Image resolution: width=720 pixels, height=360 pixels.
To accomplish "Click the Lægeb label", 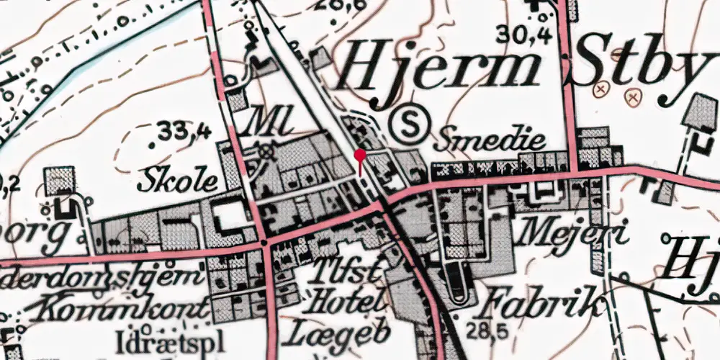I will pyautogui.click(x=341, y=333).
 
